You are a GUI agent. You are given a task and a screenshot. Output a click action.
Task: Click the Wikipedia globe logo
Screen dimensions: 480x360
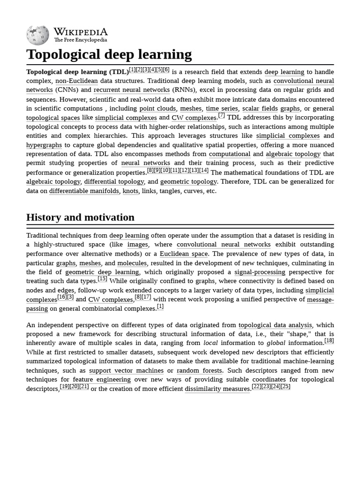tap(37, 35)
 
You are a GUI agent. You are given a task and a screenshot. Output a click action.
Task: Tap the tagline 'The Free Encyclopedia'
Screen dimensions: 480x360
tap(80, 40)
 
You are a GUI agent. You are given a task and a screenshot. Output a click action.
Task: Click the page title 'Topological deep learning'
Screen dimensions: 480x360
tap(109, 54)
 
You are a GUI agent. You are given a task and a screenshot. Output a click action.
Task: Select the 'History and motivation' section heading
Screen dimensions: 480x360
tap(80, 217)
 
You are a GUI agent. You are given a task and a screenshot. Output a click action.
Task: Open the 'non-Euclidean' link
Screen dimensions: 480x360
tap(76, 81)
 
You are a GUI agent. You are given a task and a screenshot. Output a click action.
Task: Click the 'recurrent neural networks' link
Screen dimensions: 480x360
tap(131, 90)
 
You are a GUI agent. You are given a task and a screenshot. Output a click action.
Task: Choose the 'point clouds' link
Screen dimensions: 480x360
tap(157, 108)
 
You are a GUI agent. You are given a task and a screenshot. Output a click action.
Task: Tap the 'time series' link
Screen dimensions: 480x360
tap(222, 108)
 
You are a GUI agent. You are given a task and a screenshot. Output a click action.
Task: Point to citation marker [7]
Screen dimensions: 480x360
tap(221, 115)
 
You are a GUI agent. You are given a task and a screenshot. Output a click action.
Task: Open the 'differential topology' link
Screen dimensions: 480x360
tap(114, 181)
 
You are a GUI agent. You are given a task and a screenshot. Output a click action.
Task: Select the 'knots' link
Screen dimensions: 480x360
tap(130, 191)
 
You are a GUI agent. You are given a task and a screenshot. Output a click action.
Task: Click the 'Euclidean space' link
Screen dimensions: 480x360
tap(184, 254)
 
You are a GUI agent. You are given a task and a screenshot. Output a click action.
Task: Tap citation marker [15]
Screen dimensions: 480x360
tap(102, 279)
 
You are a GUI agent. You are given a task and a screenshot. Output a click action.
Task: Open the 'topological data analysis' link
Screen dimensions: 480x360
tap(275, 325)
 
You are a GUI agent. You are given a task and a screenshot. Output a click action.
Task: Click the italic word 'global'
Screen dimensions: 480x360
tap(276, 343)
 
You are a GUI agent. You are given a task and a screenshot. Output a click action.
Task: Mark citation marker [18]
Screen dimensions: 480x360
tap(329, 341)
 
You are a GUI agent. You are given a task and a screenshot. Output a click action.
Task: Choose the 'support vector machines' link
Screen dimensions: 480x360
tap(127, 370)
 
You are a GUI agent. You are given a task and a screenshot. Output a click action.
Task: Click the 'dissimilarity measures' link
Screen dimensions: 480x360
tap(217, 389)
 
